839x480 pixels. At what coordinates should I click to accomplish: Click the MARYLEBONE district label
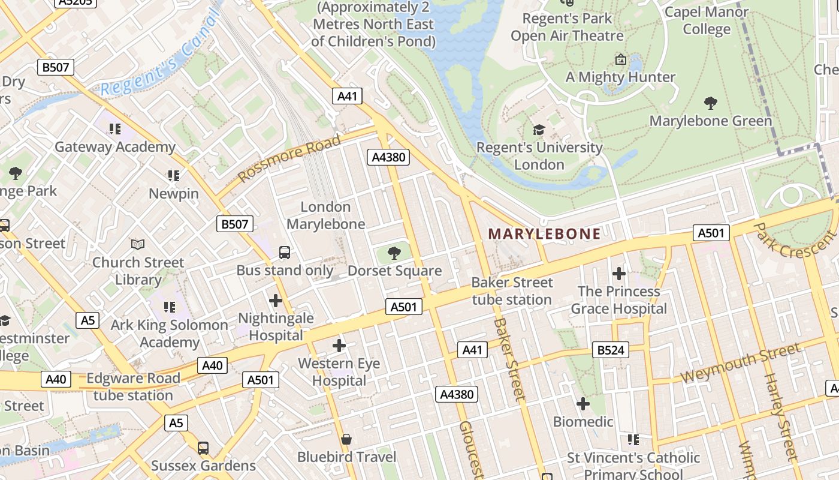(x=544, y=234)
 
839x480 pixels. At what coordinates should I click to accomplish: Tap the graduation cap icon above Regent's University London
(x=539, y=130)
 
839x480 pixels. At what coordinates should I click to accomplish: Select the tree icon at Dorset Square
(x=394, y=253)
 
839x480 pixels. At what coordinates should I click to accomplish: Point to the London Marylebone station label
(x=325, y=215)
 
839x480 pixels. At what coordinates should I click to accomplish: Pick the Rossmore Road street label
(x=289, y=158)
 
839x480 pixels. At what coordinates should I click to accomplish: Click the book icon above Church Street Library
(x=138, y=244)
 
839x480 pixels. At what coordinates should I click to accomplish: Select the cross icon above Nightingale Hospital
(x=276, y=300)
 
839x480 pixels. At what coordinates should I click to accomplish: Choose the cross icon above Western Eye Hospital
(x=339, y=345)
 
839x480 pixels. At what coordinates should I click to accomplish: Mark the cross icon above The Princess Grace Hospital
(x=618, y=274)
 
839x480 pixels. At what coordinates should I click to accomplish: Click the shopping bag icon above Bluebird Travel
(x=346, y=440)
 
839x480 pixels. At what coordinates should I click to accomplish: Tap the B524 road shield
(x=611, y=350)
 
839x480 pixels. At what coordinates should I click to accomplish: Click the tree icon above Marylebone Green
(x=711, y=103)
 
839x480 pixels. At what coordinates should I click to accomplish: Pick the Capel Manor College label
(x=707, y=20)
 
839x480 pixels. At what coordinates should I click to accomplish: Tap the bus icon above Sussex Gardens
(x=203, y=448)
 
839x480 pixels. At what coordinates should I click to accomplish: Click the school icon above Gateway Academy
(x=115, y=129)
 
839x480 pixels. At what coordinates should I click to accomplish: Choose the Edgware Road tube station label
(x=133, y=387)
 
